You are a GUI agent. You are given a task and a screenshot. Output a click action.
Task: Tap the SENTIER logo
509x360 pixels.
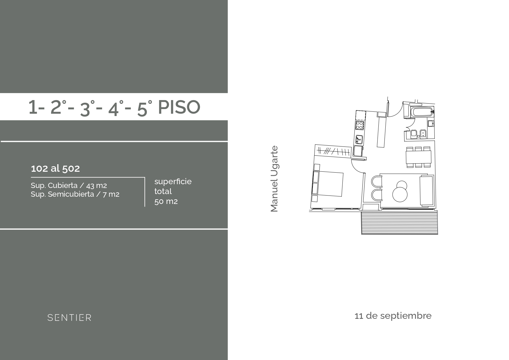point(69,318)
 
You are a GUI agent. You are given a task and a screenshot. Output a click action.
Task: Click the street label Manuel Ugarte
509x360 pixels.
point(274,179)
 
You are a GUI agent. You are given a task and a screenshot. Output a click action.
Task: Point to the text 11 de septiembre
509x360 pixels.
point(393,316)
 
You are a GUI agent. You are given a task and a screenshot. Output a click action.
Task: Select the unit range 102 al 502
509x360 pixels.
point(55,169)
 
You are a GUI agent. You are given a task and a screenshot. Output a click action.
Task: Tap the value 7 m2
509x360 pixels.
point(111,194)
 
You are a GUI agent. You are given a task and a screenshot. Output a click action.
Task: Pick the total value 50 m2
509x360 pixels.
point(166,201)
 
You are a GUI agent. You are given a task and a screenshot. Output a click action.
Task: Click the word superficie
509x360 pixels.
point(173,182)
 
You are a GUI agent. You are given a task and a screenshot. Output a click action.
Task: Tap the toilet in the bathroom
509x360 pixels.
point(414,134)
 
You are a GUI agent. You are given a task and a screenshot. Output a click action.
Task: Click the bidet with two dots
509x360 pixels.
point(423,134)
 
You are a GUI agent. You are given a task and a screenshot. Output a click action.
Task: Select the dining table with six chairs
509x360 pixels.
point(418,157)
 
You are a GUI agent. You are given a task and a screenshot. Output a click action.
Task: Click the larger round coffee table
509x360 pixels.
point(400,194)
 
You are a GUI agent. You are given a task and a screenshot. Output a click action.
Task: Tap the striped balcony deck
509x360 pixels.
point(399,222)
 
